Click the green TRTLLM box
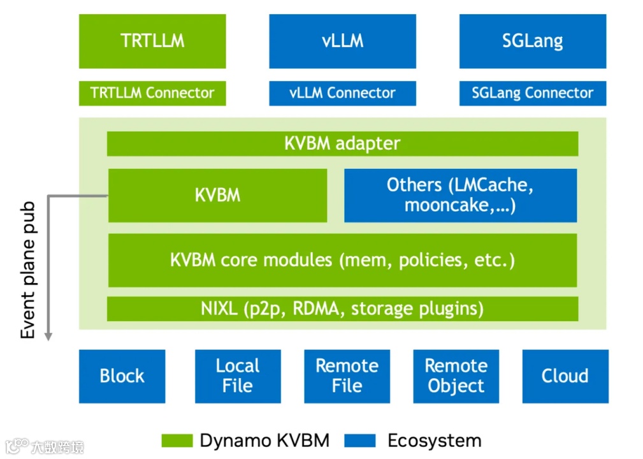pyautogui.click(x=152, y=41)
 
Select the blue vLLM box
pyautogui.click(x=342, y=41)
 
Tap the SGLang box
pyautogui.click(x=532, y=41)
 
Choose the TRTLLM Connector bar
pyautogui.click(x=152, y=93)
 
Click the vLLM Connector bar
pyautogui.click(x=342, y=93)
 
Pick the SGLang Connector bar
pyautogui.click(x=532, y=93)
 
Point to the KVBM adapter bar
pyautogui.click(x=342, y=143)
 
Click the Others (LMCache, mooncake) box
pyautogui.click(x=460, y=195)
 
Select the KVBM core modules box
pyautogui.click(x=342, y=260)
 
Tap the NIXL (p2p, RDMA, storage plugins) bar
pyautogui.click(x=342, y=309)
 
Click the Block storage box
pyautogui.click(x=122, y=376)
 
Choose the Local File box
pyautogui.click(x=237, y=376)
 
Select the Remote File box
pyautogui.click(x=347, y=376)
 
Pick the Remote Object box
pyautogui.click(x=456, y=376)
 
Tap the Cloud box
pyautogui.click(x=565, y=376)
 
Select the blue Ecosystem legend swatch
pyautogui.click(x=360, y=441)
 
